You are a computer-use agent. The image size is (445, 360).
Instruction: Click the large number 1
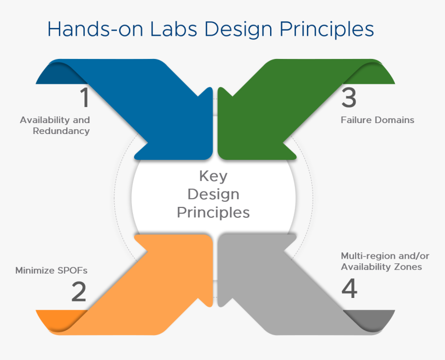(84, 98)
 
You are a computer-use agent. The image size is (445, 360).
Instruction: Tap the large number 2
(79, 292)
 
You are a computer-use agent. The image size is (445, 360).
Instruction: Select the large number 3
(349, 98)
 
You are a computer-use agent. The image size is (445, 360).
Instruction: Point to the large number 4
(349, 289)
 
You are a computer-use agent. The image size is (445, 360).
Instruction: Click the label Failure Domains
(377, 120)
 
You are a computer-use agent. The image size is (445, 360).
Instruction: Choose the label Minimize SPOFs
(51, 270)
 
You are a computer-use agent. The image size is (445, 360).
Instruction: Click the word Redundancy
(61, 131)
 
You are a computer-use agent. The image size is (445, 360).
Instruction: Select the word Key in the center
(213, 176)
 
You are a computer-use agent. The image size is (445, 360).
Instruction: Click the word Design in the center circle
(213, 194)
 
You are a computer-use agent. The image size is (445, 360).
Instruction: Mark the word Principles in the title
(327, 30)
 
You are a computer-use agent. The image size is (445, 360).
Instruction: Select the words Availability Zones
(381, 267)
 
